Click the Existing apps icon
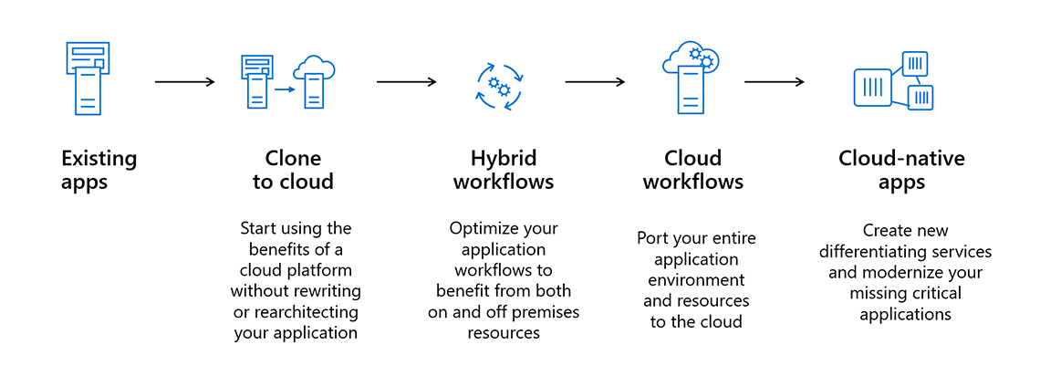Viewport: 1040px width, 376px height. pyautogui.click(x=87, y=78)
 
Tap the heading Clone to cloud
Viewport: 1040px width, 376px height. pyautogui.click(x=293, y=170)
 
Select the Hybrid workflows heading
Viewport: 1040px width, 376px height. pyautogui.click(x=504, y=170)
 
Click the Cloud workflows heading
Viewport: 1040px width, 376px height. pyautogui.click(x=693, y=170)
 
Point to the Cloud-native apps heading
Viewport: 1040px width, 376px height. pyautogui.click(x=901, y=170)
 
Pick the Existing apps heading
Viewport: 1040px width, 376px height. pyautogui.click(x=99, y=170)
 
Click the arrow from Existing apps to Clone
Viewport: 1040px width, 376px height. pyautogui.click(x=185, y=82)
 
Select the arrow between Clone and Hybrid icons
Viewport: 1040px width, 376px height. pyautogui.click(x=406, y=82)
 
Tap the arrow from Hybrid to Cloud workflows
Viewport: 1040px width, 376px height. pyautogui.click(x=595, y=82)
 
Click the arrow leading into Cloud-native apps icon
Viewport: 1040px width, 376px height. pyautogui.click(x=774, y=82)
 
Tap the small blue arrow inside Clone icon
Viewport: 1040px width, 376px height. pyautogui.click(x=286, y=89)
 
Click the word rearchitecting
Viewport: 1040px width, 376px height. pyautogui.click(x=306, y=312)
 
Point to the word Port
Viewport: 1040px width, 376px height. pyautogui.click(x=652, y=238)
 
